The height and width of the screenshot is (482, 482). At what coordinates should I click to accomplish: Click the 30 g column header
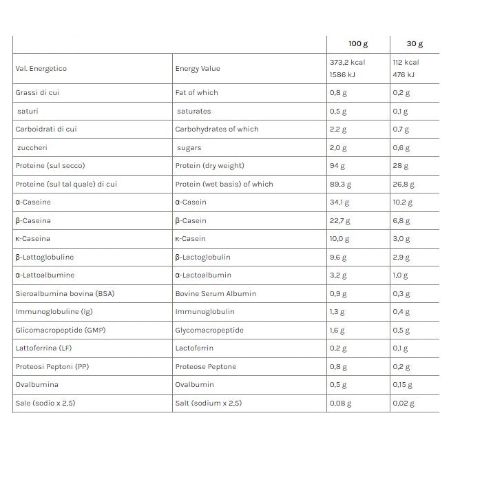(415, 44)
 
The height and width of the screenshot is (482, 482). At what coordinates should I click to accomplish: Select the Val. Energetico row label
(41, 69)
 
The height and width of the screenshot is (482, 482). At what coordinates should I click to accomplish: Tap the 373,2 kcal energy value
(347, 62)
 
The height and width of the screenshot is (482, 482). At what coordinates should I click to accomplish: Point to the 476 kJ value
(404, 75)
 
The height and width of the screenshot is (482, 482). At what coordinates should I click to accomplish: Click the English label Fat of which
(197, 93)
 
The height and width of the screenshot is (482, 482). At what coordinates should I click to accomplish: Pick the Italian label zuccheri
(33, 147)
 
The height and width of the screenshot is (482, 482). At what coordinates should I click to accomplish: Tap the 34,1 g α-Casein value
(340, 202)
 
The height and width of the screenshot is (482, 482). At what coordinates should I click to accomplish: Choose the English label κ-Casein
(191, 239)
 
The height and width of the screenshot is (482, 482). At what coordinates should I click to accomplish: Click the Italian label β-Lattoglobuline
(45, 257)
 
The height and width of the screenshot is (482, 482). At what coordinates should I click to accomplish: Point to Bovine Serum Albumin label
(216, 293)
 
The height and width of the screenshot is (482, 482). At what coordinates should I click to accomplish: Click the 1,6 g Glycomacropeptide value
(337, 330)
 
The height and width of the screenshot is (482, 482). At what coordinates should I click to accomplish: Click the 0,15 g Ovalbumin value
(403, 385)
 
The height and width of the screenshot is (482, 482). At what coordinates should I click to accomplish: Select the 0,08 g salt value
(340, 403)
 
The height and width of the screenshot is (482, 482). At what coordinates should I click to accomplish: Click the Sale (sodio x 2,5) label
(45, 403)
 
